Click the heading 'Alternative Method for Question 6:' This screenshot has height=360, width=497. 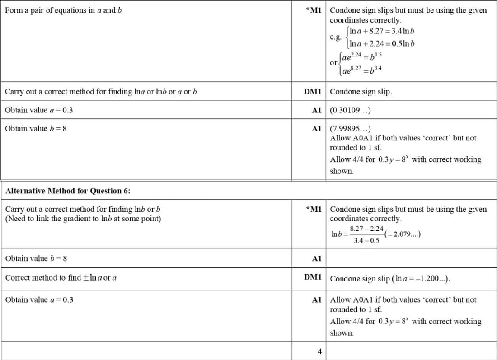pyautogui.click(x=68, y=191)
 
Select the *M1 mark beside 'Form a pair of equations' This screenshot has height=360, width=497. pyautogui.click(x=313, y=10)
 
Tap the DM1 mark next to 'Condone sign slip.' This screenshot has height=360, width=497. pyautogui.click(x=312, y=92)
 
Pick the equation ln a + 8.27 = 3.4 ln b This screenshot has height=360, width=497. pyautogui.click(x=382, y=32)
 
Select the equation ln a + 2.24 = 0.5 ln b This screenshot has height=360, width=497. pyautogui.click(x=382, y=44)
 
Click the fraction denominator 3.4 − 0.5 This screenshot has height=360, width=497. pyautogui.click(x=366, y=241)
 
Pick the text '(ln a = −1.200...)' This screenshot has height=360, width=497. pyautogui.click(x=422, y=278)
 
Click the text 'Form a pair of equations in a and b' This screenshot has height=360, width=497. pyautogui.click(x=63, y=10)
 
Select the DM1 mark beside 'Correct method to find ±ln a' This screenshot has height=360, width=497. pyautogui.click(x=312, y=277)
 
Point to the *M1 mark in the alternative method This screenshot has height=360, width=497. pyautogui.click(x=313, y=210)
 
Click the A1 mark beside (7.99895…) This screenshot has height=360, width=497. pyautogui.click(x=316, y=129)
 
